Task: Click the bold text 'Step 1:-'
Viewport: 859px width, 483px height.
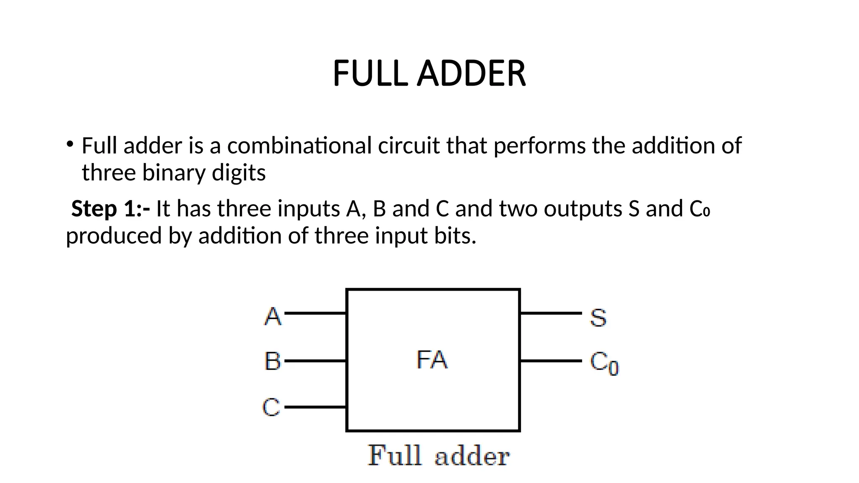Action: point(110,208)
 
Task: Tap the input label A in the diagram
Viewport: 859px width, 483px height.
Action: point(273,316)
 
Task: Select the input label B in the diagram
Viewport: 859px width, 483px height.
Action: point(273,361)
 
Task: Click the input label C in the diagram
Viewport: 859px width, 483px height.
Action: point(271,407)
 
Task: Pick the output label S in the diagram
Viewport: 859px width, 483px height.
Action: point(598,317)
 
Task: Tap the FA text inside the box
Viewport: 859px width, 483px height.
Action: point(432,360)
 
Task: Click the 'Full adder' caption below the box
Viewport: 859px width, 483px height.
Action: point(438,456)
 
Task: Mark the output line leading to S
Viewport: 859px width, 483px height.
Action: point(551,313)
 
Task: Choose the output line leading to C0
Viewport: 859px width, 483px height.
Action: point(551,361)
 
